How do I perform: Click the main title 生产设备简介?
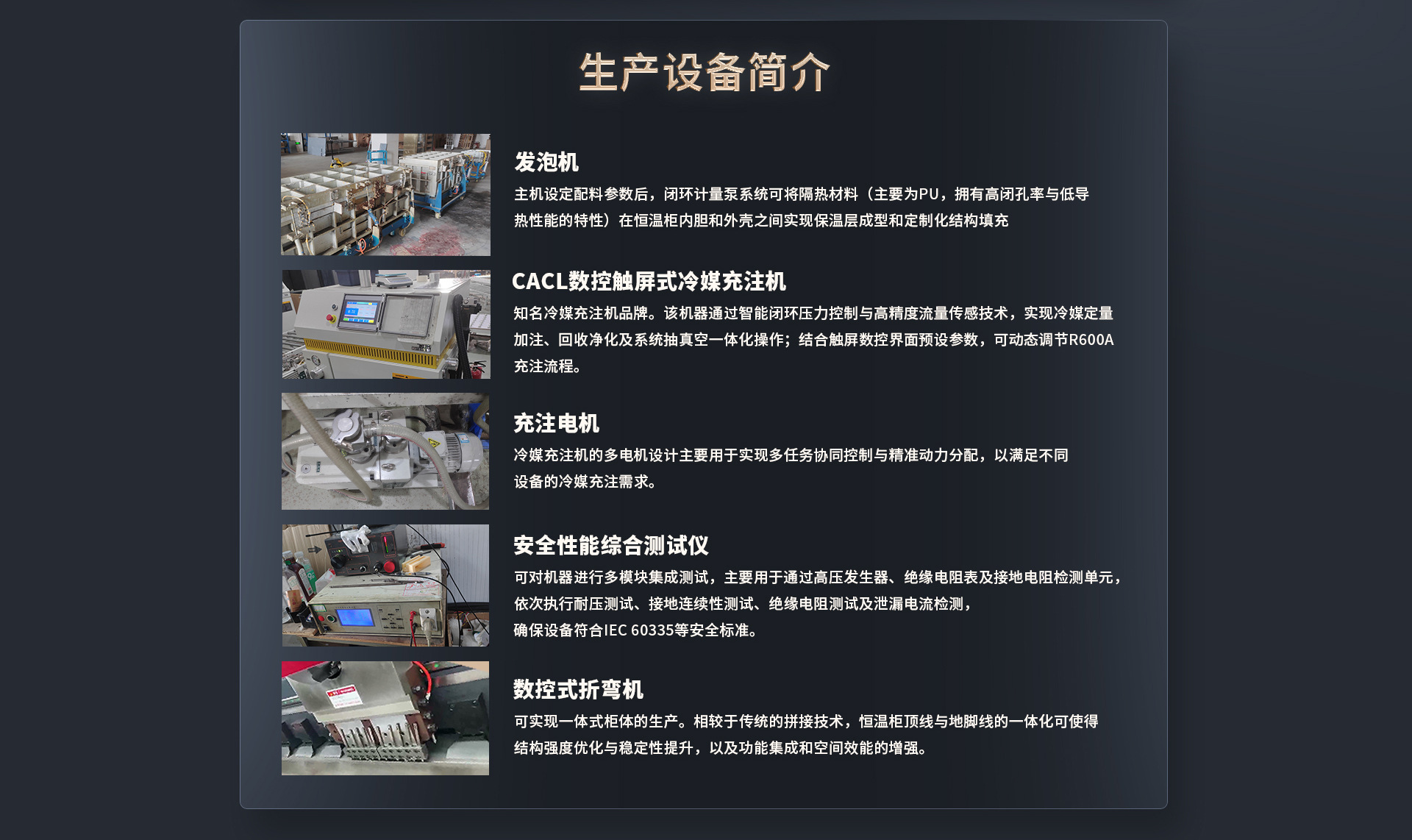pyautogui.click(x=704, y=72)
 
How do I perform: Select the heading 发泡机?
pyautogui.click(x=546, y=162)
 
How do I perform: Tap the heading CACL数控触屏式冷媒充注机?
pyautogui.click(x=648, y=281)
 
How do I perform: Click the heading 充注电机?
pyautogui.click(x=556, y=423)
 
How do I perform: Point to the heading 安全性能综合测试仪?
pyautogui.click(x=610, y=545)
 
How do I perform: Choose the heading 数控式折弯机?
pyautogui.click(x=578, y=689)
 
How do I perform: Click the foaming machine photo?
pyautogui.click(x=385, y=194)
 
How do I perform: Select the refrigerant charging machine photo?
pyautogui.click(x=385, y=324)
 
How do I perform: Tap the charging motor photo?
pyautogui.click(x=385, y=451)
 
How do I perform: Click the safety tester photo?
pyautogui.click(x=385, y=585)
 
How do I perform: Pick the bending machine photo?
pyautogui.click(x=385, y=718)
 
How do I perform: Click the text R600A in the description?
pyautogui.click(x=1091, y=340)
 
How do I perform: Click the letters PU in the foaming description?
pyautogui.click(x=929, y=194)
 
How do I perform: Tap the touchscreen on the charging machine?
pyautogui.click(x=360, y=312)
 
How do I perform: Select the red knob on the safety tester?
pyautogui.click(x=388, y=566)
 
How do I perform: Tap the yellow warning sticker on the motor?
pyautogui.click(x=433, y=442)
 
